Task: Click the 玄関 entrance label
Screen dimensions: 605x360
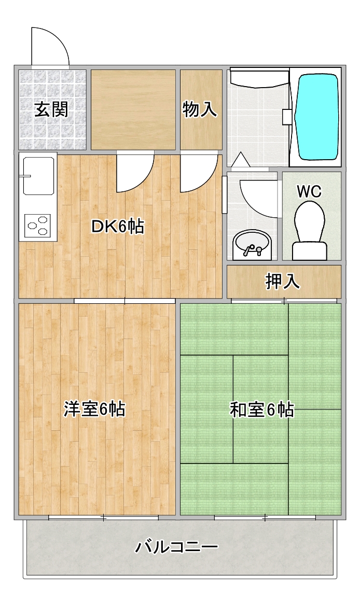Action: click(51, 109)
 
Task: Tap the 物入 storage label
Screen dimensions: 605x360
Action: click(200, 109)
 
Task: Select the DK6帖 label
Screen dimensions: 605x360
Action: click(117, 227)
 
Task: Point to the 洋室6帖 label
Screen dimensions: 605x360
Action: click(94, 410)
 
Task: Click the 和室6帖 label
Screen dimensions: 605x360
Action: click(261, 410)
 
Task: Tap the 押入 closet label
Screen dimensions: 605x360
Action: click(283, 281)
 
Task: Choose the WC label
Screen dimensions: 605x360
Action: click(309, 191)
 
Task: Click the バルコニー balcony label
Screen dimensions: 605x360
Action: click(177, 546)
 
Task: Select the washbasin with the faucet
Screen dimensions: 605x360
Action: click(252, 244)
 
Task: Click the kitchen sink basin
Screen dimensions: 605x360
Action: click(37, 176)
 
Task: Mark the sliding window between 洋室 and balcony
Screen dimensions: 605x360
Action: click(103, 517)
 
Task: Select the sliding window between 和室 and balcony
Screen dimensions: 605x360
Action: click(265, 517)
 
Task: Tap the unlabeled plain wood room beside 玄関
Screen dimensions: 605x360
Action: click(133, 109)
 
